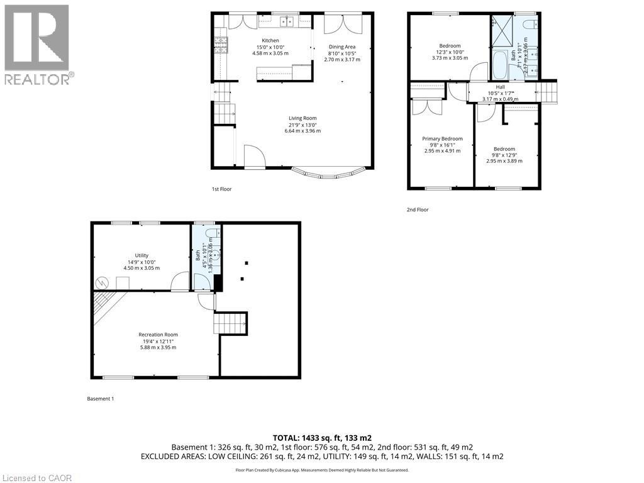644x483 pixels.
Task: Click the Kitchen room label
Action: [270, 40]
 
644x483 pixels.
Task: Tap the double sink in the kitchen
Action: [288, 23]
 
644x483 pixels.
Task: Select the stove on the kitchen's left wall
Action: [220, 45]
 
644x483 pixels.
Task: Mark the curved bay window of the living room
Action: [328, 171]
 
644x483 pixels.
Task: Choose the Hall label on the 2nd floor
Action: [500, 87]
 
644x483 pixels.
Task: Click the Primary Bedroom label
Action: [442, 139]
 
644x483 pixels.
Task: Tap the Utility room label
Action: [142, 255]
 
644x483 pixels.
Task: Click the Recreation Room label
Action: [158, 335]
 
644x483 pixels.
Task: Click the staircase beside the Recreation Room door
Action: [230, 323]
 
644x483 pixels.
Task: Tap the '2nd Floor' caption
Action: [418, 209]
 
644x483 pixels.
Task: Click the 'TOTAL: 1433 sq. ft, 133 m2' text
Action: [322, 437]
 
